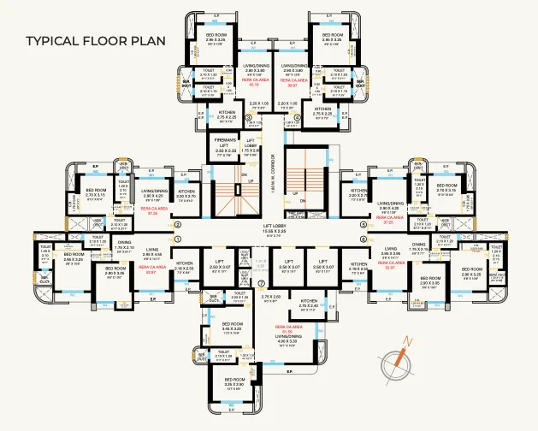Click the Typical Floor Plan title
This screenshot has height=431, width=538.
pos(95,40)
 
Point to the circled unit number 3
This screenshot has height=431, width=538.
pos(248,117)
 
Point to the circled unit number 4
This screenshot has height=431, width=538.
pos(297,117)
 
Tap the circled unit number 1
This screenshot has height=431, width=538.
pos(177,239)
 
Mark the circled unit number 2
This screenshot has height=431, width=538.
pos(177,225)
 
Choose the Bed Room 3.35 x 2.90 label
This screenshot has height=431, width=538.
pos(233,384)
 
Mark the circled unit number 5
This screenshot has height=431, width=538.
pos(364,225)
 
